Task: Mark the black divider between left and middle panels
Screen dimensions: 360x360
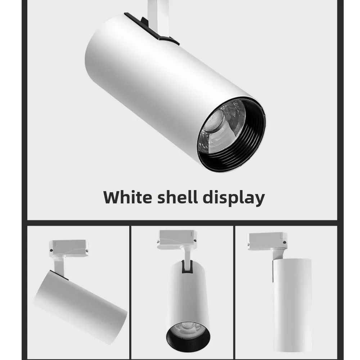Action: tap(129, 292)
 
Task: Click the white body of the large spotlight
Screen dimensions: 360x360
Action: tap(151, 79)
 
